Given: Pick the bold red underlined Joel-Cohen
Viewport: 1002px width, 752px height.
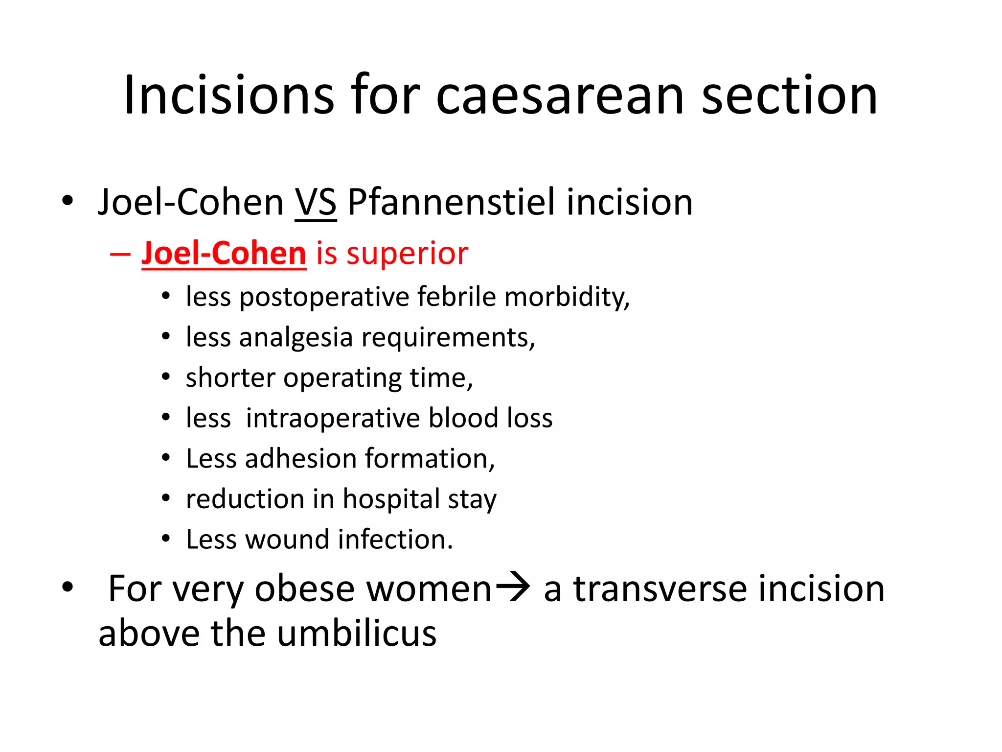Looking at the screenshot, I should (224, 253).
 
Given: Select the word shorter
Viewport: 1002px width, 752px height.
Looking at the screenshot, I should (230, 377).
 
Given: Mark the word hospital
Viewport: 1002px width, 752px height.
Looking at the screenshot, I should (391, 500).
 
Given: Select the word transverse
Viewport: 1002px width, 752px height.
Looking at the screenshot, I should (660, 588).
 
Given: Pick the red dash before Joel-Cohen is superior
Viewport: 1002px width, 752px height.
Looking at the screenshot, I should (120, 254).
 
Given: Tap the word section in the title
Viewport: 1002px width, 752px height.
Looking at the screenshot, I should (790, 95).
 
